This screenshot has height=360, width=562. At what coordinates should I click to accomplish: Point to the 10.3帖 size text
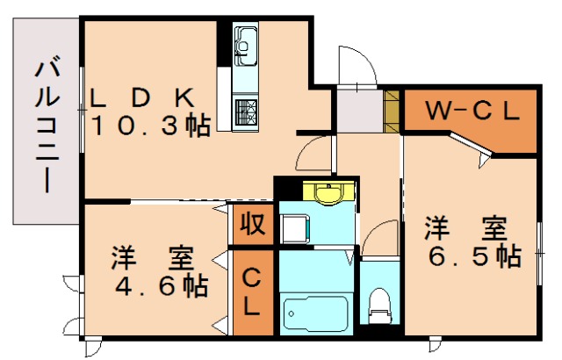coord(151,126)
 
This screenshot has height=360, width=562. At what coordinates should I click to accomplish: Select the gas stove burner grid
coord(244,111)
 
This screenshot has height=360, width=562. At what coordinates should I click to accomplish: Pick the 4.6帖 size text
coord(160,285)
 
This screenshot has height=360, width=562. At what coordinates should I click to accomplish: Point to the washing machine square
coord(295,227)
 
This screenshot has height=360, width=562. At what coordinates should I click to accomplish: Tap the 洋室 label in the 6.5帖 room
coord(465,228)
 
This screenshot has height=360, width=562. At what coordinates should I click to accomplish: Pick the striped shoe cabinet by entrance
coord(392,111)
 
